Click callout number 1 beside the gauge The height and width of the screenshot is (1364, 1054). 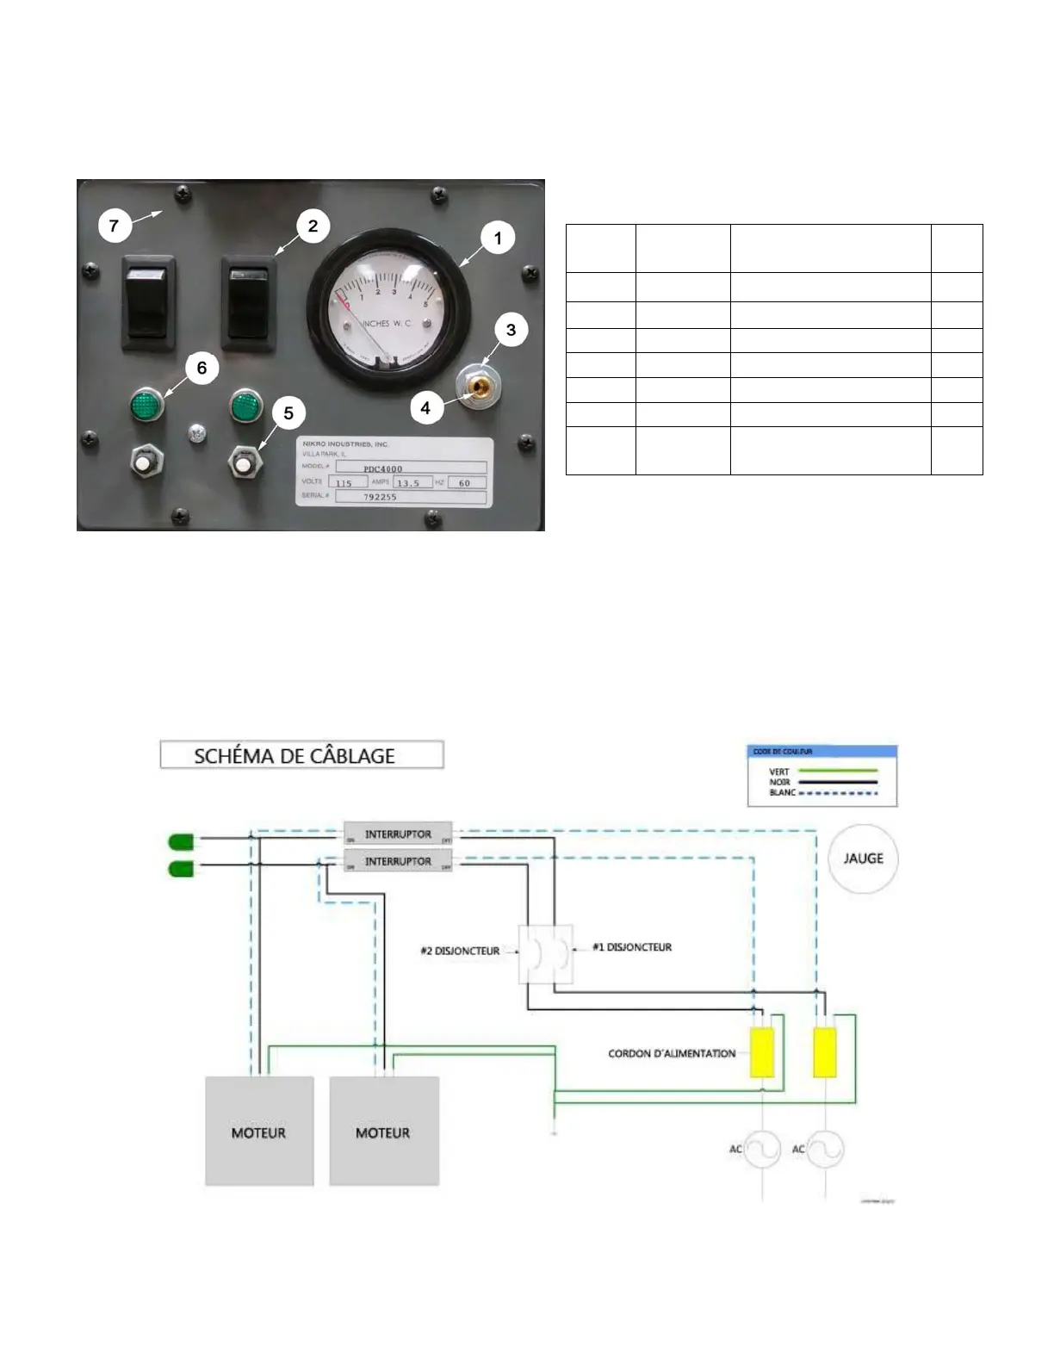498,238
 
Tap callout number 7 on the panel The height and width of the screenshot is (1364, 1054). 114,226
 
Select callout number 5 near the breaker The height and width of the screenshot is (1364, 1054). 288,412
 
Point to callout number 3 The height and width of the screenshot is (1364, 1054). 511,330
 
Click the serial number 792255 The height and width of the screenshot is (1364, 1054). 380,497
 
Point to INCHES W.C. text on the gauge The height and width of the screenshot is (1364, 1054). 387,323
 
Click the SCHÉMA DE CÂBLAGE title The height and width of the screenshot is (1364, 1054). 294,756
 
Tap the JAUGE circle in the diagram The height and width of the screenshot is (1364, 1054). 863,859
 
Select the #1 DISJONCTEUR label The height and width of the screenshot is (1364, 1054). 632,947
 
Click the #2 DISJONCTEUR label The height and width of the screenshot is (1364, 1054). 461,951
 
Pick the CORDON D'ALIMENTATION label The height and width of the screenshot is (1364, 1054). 672,1053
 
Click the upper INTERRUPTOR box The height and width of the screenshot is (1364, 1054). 398,834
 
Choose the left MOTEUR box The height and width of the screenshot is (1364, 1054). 258,1131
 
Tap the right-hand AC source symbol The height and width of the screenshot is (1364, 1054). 825,1149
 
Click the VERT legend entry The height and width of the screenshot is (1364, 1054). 779,772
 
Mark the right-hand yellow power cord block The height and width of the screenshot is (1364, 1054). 824,1052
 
